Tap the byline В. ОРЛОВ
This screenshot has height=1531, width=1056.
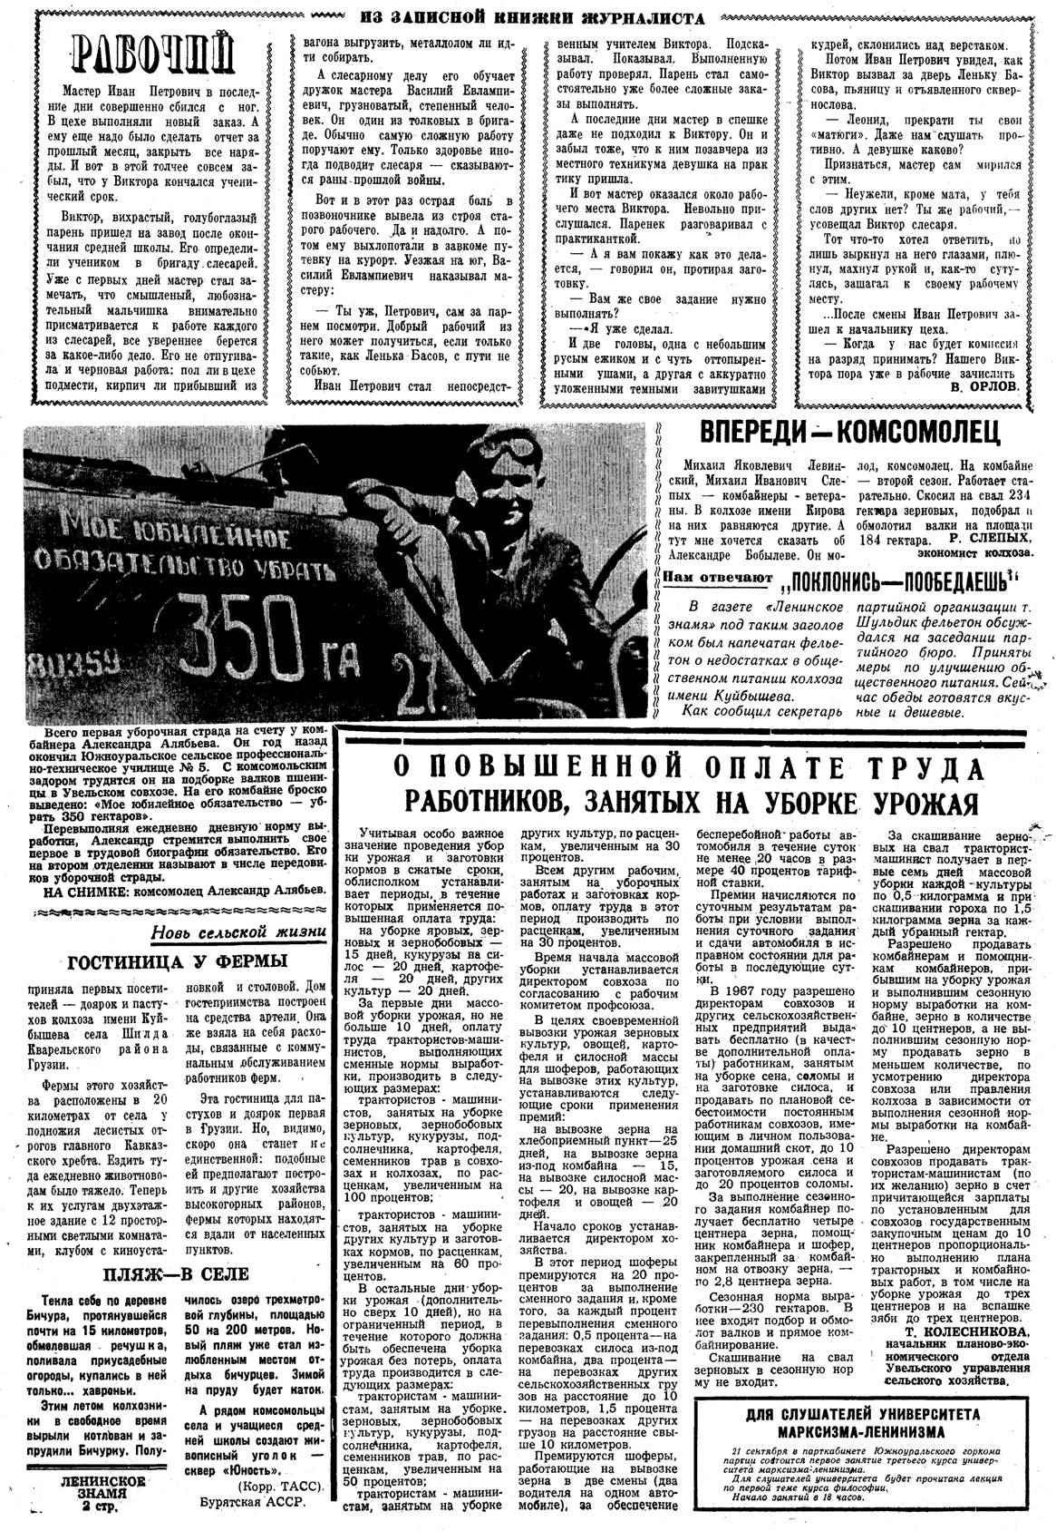[x=985, y=385]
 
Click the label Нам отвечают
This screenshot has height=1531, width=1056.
[x=717, y=578]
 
